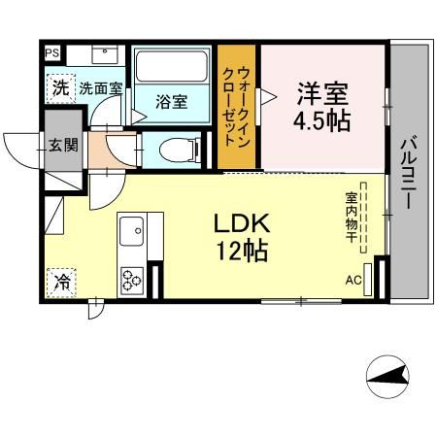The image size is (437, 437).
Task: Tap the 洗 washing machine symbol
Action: (x=60, y=87)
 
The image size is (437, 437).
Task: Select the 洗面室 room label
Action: (x=100, y=87)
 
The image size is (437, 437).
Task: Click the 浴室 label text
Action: (x=173, y=101)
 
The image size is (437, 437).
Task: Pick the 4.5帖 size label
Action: (x=322, y=123)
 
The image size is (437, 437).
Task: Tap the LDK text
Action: (x=242, y=223)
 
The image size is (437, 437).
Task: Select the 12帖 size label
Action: (x=242, y=251)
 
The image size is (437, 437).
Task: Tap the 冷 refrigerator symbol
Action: (x=61, y=284)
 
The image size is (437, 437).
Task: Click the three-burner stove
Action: (x=131, y=280)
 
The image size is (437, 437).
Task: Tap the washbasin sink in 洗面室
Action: (x=102, y=55)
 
